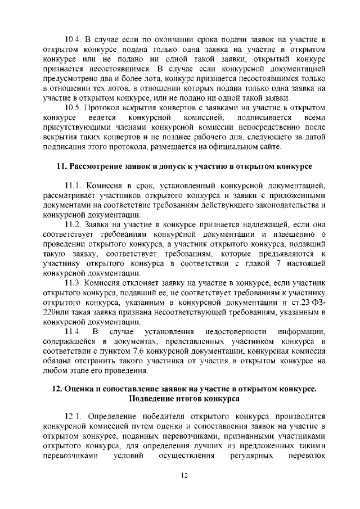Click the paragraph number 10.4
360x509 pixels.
tap(74, 39)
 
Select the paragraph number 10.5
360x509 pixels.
tap(74, 107)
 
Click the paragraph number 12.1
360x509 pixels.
tap(74, 418)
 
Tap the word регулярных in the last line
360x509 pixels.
tap(251, 457)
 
